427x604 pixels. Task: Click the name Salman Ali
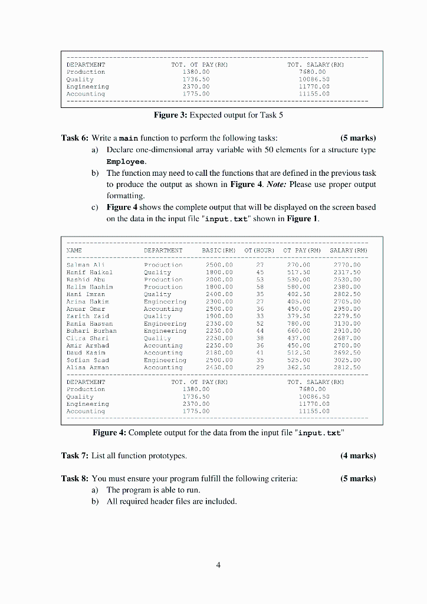86,265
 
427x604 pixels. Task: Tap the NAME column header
74,251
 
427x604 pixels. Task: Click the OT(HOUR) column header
260,251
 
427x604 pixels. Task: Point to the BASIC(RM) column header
218,251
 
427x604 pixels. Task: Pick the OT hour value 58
260,287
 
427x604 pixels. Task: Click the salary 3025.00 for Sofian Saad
348,360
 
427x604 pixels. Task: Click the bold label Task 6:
75,138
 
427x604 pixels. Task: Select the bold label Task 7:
75,455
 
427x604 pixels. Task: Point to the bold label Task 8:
75,478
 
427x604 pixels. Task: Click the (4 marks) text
358,455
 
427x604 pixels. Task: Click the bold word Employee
125,161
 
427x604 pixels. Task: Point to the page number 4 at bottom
218,564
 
